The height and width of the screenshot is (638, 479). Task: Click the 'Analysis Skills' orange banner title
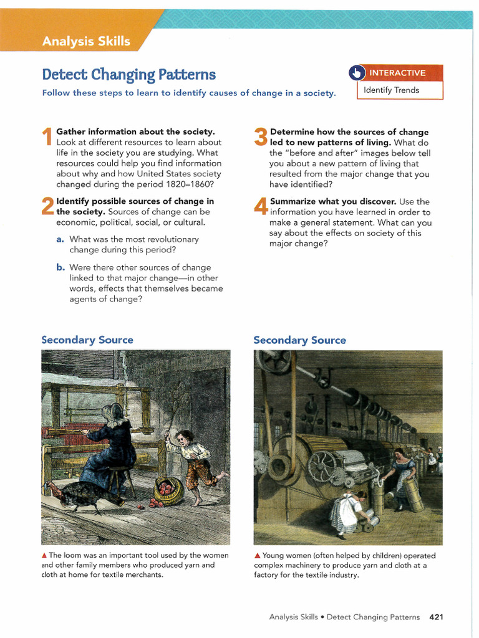click(86, 42)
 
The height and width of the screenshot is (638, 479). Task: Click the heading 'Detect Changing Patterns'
click(128, 75)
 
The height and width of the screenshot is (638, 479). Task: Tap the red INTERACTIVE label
click(397, 73)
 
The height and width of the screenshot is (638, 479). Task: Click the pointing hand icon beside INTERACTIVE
click(356, 73)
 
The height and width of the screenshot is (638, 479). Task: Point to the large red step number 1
click(47, 138)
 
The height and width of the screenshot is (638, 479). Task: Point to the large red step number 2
click(47, 207)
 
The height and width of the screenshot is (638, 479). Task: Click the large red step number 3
click(261, 138)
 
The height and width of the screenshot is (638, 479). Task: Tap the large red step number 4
click(261, 207)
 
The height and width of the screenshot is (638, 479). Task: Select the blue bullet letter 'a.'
click(60, 239)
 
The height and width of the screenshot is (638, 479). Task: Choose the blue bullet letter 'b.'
click(60, 267)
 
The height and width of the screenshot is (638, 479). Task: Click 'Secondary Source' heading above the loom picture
click(87, 340)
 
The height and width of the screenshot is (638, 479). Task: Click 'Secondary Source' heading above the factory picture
click(299, 340)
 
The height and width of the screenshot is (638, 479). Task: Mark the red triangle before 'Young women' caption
click(257, 556)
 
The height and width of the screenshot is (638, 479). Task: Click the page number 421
click(436, 617)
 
